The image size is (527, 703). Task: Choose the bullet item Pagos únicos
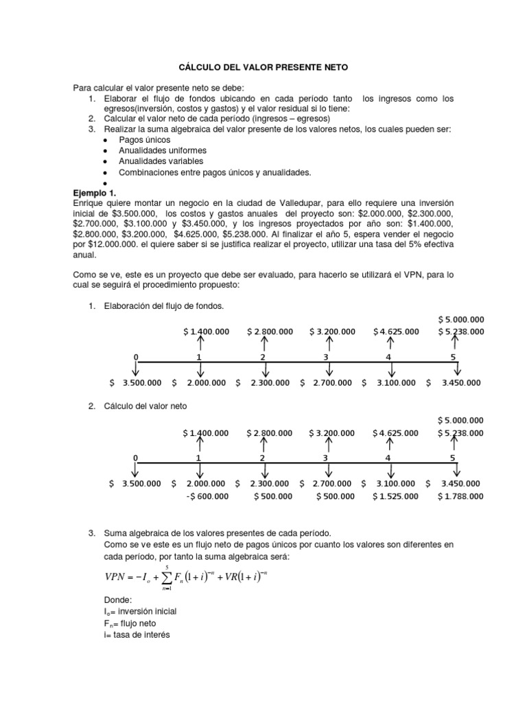143,139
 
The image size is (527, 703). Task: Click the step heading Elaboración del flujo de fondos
165,305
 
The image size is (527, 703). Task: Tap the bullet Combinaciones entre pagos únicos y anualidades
215,172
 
